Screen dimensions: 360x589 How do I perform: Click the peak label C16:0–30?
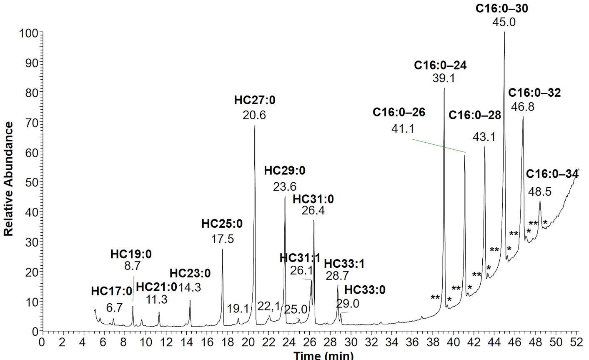(501, 8)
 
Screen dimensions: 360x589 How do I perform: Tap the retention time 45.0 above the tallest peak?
(504, 22)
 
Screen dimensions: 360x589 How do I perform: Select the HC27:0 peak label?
(255, 101)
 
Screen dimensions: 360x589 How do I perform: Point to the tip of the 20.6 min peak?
(255, 125)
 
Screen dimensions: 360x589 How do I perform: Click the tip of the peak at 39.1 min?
(444, 88)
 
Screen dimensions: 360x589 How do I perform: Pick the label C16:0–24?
(440, 65)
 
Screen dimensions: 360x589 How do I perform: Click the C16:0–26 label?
(399, 113)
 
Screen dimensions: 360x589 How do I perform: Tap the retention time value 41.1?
(402, 128)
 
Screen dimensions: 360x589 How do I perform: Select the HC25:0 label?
(222, 224)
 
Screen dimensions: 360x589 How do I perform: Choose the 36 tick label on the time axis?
(413, 342)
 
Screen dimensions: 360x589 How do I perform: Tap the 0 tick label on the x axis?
(42, 342)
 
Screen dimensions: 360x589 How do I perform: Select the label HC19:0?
(131, 254)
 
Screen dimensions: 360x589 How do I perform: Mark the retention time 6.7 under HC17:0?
(114, 308)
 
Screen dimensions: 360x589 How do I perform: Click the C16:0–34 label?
(552, 174)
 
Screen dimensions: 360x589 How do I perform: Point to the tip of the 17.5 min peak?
(223, 249)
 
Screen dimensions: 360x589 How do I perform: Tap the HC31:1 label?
(300, 258)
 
